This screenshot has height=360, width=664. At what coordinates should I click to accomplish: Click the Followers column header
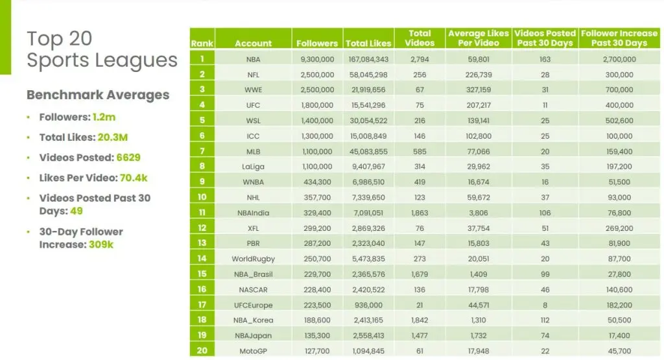[317, 43]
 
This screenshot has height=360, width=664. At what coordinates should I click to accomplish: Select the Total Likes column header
[368, 43]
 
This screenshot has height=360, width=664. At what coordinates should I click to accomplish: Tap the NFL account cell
[254, 75]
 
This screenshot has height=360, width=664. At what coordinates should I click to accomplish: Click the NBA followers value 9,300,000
[317, 59]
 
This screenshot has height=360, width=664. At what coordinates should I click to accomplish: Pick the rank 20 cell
[202, 351]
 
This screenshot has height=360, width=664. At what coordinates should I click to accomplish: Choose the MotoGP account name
[254, 351]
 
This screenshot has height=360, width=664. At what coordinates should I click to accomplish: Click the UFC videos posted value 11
[545, 104]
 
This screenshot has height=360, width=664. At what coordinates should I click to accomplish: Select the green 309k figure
[102, 245]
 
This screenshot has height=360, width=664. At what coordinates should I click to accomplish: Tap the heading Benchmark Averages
[97, 95]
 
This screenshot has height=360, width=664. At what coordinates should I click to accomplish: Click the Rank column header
[202, 43]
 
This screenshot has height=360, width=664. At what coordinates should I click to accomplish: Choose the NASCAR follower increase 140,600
[619, 289]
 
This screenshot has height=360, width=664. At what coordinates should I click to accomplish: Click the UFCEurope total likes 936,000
[368, 304]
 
